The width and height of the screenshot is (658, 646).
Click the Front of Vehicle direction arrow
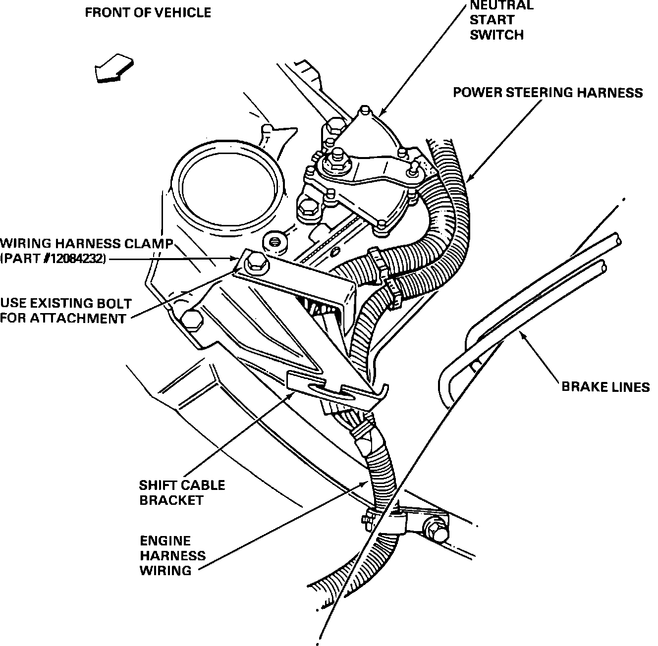[x=113, y=68]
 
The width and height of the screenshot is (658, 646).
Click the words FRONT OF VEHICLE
[x=148, y=13]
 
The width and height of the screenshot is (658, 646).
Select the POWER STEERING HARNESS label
[x=548, y=93]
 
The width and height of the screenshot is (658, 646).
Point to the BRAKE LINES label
[x=605, y=386]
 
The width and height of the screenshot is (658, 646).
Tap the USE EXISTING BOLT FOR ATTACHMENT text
[x=66, y=311]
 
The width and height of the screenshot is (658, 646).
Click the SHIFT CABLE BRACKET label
[x=181, y=492]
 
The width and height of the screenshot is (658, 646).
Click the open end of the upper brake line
[x=615, y=241]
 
